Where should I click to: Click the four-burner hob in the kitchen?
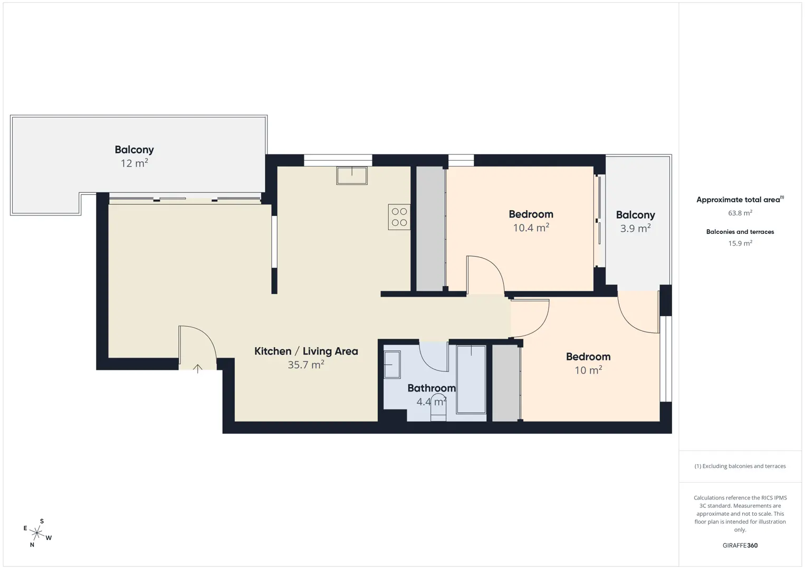[x=399, y=217]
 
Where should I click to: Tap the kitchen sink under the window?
[x=352, y=175]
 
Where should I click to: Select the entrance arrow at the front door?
[x=197, y=369]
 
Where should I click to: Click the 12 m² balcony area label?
[x=134, y=163]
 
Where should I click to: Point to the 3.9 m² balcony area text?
[x=635, y=228]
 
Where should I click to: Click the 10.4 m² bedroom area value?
[x=531, y=228]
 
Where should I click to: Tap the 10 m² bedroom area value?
[x=588, y=370]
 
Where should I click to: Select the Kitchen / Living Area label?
[x=306, y=351]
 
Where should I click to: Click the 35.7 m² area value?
[x=306, y=365]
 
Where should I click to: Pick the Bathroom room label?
[x=432, y=388]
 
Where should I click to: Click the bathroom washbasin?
[x=392, y=365]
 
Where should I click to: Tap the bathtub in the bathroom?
[x=471, y=379]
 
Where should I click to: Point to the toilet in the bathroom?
[x=438, y=407]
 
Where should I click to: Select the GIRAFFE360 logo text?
[x=740, y=545]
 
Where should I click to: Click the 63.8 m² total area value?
[x=740, y=213]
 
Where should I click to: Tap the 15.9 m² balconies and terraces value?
[x=740, y=243]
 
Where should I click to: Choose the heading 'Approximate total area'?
[x=738, y=200]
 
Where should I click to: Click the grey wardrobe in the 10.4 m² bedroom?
[x=430, y=228]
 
